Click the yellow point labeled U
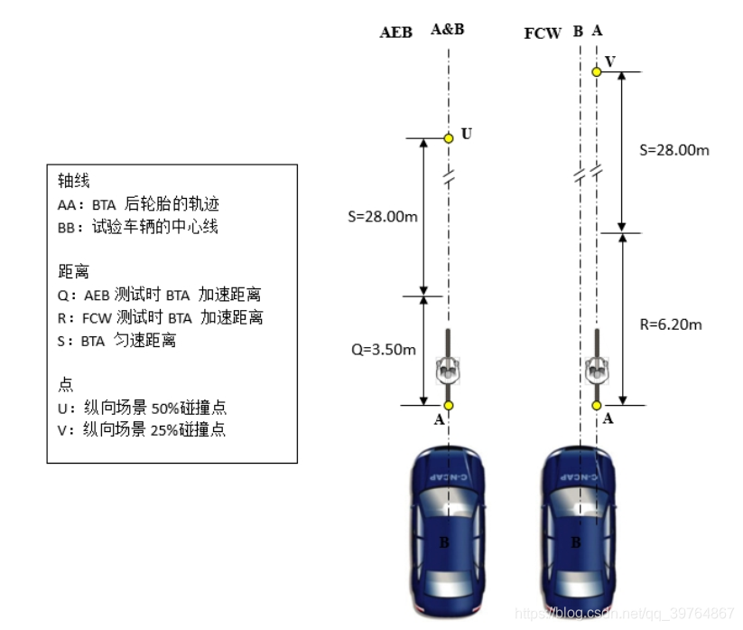(x=448, y=138)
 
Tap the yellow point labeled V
(x=596, y=71)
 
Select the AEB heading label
(x=395, y=33)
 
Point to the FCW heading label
(x=543, y=33)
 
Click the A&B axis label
(x=448, y=29)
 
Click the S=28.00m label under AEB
(x=383, y=217)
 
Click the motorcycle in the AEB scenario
(x=448, y=360)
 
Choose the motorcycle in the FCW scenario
(x=596, y=360)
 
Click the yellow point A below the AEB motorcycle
(x=448, y=405)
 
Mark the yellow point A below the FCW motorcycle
(x=596, y=405)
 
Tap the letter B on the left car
(x=443, y=542)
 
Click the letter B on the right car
(x=576, y=542)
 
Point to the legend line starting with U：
(x=141, y=407)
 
